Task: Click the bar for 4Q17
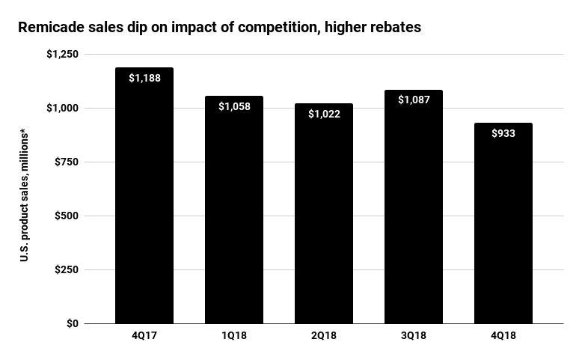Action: coord(144,210)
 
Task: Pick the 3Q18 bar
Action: coord(414,217)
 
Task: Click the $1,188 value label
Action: coord(144,78)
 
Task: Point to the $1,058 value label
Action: coord(234,106)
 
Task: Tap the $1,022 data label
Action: coord(324,114)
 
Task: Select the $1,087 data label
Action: coord(414,100)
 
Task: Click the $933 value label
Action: coord(503,133)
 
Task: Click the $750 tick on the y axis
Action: coord(67,162)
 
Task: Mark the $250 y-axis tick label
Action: coord(67,270)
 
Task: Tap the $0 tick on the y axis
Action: coord(72,324)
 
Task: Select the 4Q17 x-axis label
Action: coord(144,336)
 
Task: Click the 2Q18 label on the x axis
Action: coord(324,336)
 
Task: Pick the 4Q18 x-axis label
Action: coord(503,336)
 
